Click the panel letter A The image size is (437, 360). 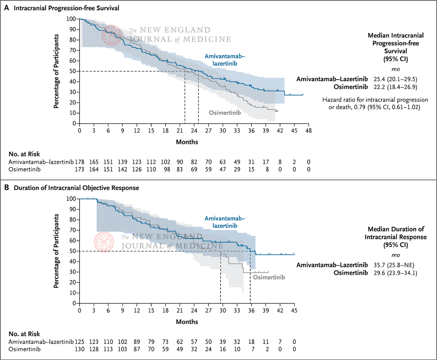[6, 8]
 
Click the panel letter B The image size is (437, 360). [6, 188]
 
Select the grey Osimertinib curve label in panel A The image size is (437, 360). [225, 113]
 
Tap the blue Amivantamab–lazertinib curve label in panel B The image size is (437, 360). [225, 222]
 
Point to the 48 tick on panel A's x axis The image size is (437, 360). [309, 130]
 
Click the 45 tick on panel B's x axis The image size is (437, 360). [294, 310]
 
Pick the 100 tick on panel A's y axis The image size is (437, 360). [71, 19]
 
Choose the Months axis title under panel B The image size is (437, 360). [187, 322]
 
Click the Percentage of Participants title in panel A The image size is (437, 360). [56, 71]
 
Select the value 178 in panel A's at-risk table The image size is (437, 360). [80, 162]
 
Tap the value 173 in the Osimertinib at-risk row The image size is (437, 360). [80, 169]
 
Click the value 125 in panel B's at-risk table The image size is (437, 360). [80, 342]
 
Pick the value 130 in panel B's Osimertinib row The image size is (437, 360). [80, 349]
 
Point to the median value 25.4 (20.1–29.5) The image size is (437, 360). [395, 79]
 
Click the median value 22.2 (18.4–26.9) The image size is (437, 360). [395, 87]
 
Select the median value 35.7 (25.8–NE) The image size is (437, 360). [394, 265]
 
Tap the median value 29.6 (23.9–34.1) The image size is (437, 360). [395, 273]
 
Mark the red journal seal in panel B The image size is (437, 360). [103, 241]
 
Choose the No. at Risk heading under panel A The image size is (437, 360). [24, 154]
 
